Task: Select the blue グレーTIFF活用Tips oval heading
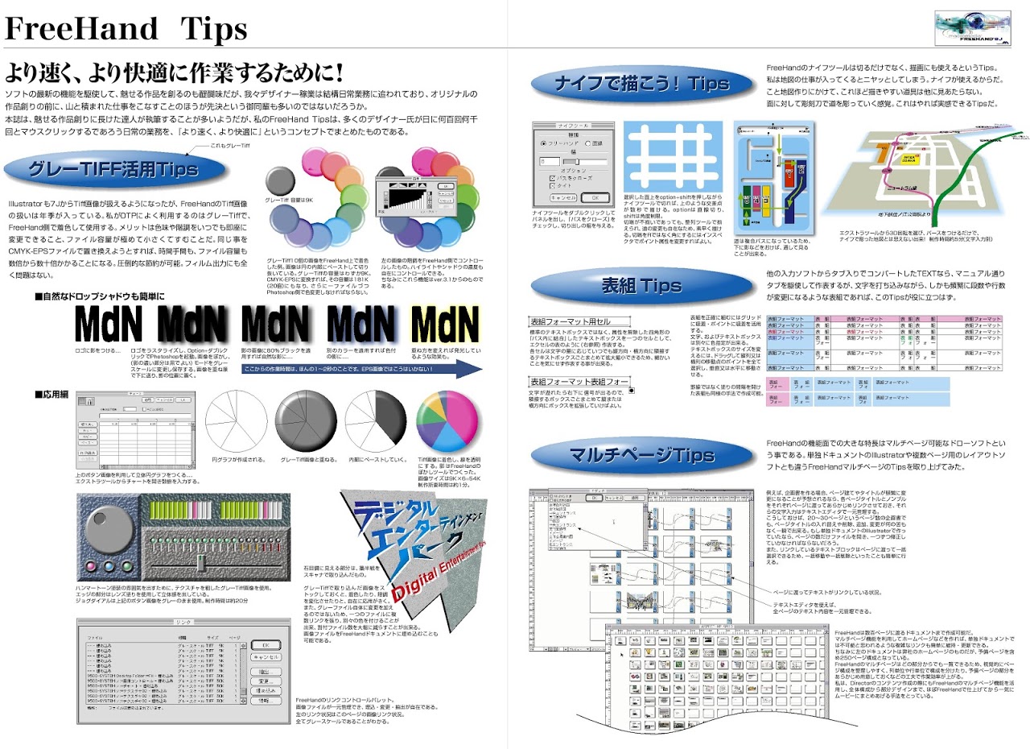tap(113, 169)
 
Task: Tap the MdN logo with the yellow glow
tap(445, 325)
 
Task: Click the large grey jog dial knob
tap(108, 530)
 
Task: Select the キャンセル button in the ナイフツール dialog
tap(563, 197)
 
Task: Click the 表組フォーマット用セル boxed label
tap(568, 322)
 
